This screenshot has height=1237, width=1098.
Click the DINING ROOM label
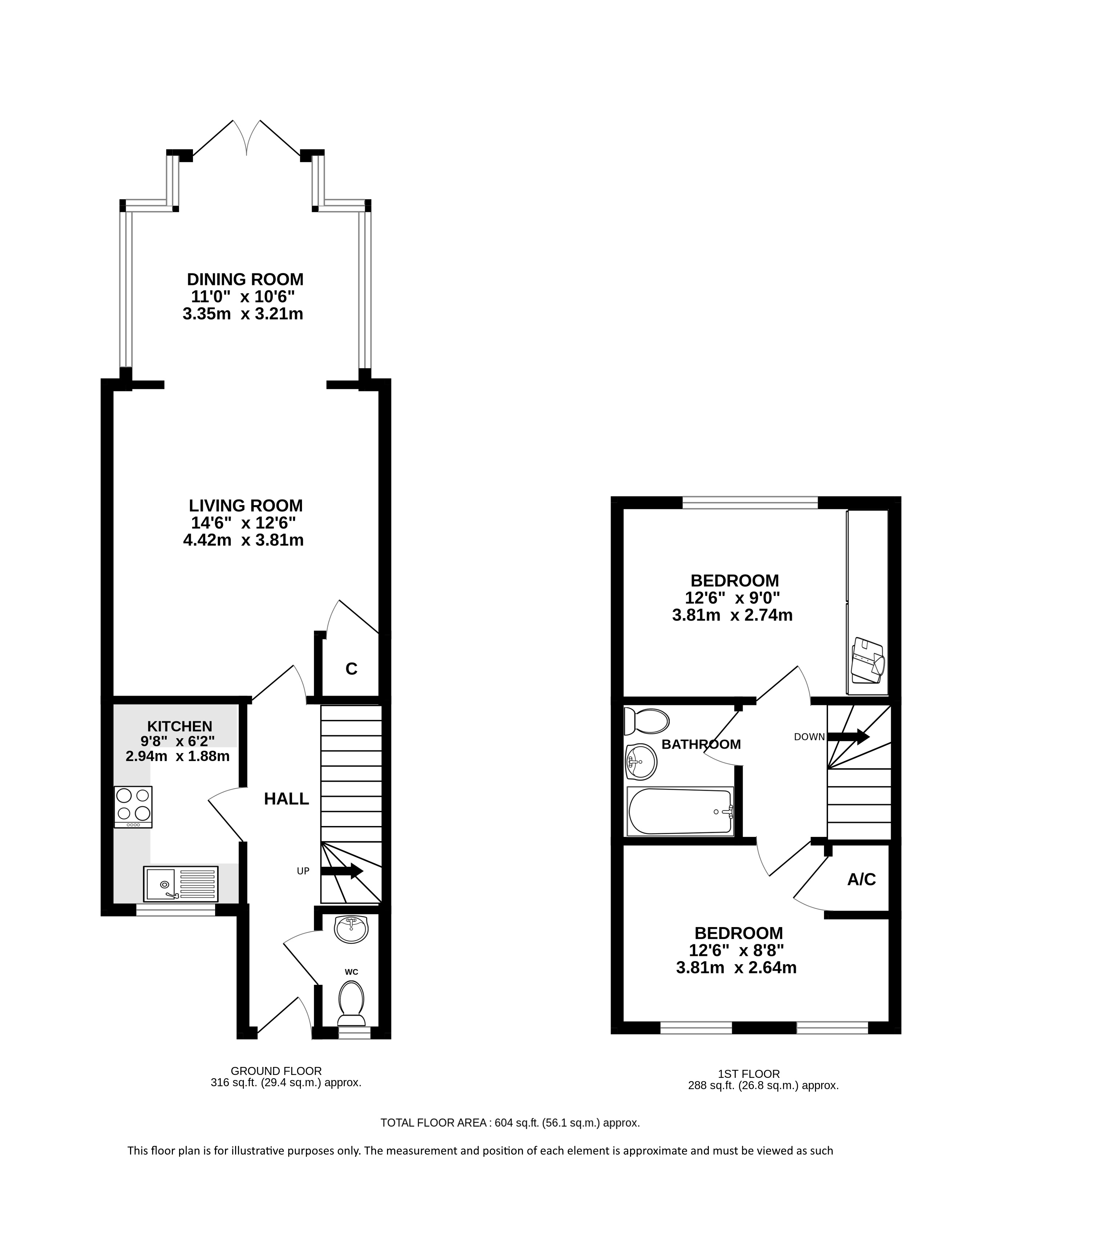(245, 279)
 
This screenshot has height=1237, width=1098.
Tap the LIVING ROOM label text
(246, 505)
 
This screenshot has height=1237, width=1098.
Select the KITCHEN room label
(180, 726)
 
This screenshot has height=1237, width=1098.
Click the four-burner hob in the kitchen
(133, 807)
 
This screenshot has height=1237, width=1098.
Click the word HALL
(287, 799)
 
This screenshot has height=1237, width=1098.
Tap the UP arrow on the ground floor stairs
(341, 871)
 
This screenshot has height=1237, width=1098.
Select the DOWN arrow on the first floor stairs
(848, 737)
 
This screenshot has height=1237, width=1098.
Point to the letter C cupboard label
(351, 669)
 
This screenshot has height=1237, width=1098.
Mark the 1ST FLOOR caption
(749, 1074)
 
